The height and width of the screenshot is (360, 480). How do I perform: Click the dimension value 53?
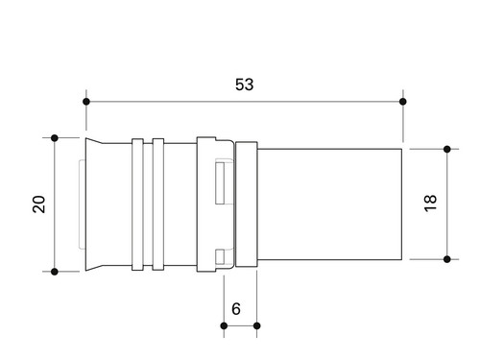click(245, 84)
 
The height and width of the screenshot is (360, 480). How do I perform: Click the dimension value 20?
click(39, 204)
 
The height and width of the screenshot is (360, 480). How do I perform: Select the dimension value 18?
click(430, 203)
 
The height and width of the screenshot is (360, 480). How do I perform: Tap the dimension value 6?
click(236, 309)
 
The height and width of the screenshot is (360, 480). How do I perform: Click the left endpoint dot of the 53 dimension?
click(86, 102)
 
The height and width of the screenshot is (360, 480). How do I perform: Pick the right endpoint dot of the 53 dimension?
click(403, 102)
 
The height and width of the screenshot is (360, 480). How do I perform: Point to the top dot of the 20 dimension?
click(55, 138)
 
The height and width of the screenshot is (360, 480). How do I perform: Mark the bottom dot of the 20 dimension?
click(55, 272)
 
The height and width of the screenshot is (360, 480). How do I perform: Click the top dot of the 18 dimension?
click(447, 149)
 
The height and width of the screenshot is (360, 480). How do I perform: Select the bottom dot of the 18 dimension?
click(447, 259)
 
